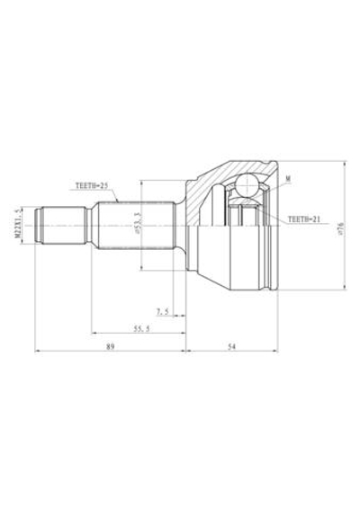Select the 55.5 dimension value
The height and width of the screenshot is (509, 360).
[x=139, y=330]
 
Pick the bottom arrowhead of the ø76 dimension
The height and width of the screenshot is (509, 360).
[x=345, y=289]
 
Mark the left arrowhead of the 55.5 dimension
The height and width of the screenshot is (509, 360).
[x=93, y=335]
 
